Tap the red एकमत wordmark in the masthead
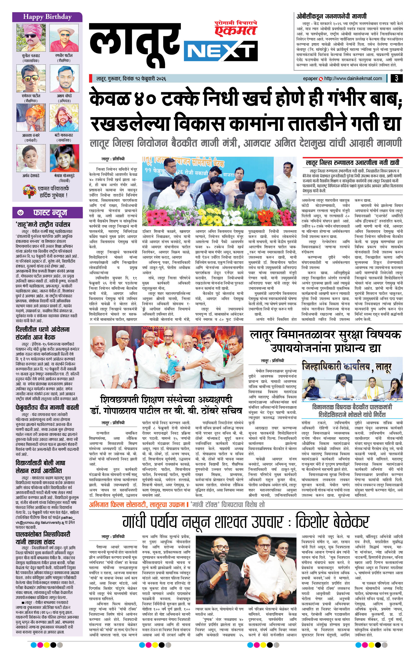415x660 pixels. pyautogui.click(x=235, y=30)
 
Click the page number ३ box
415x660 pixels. pyautogui.click(x=396, y=78)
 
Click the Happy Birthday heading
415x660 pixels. pyautogui.click(x=47, y=17)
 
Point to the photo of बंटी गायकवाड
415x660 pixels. pyautogui.click(x=64, y=118)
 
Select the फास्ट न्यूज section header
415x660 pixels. pyautogui.click(x=50, y=213)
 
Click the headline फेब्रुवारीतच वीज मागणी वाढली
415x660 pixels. pyautogui.click(x=47, y=407)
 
